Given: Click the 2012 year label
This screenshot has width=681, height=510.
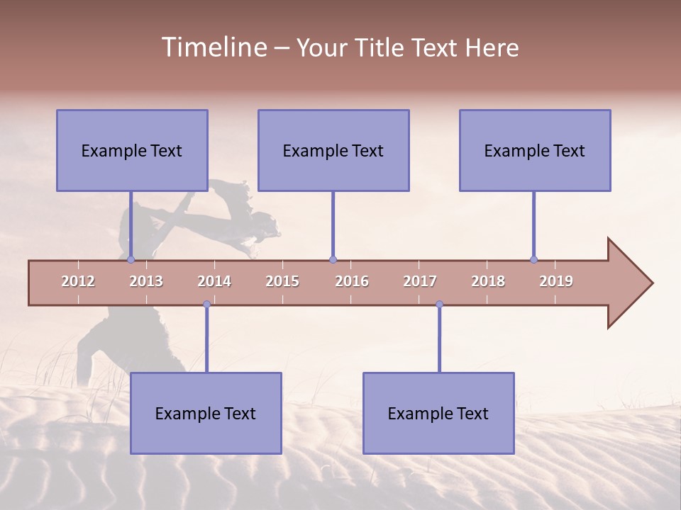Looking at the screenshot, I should coord(78,281).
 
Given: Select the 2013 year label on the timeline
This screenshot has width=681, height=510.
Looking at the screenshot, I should coord(146,281).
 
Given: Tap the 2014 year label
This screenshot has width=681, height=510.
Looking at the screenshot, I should coord(214,281).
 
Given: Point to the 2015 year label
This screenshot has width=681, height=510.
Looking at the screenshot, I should coord(282,281).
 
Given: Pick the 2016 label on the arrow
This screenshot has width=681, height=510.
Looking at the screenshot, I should coord(352,281).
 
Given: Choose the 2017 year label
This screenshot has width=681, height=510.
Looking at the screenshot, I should coord(420,281).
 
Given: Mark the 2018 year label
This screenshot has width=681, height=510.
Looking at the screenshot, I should coord(488,281).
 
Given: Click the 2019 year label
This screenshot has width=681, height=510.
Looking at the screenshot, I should coord(556,281).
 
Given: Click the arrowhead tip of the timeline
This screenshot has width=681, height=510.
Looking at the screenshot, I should coord(651,283).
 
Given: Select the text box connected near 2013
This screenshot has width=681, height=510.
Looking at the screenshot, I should coord(132,150).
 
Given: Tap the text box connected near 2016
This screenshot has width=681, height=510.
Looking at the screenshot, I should coord(333,150).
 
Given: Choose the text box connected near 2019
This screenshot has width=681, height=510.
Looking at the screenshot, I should coord(535,150).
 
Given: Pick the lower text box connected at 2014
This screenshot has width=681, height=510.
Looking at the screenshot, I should coord(206,413).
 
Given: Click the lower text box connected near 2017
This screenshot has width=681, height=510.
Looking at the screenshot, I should coord(438,413).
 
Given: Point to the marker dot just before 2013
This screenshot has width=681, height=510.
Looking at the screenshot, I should coord(131,260).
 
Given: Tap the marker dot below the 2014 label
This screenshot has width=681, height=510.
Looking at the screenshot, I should coord(206,304).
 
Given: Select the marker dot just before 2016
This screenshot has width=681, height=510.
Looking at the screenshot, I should coord(333,260).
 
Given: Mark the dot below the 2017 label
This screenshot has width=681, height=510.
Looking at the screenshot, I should coord(439,304).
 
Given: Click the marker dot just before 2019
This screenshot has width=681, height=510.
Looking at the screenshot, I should coord(533,260).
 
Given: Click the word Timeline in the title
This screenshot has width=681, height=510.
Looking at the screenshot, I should coord(213,47).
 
